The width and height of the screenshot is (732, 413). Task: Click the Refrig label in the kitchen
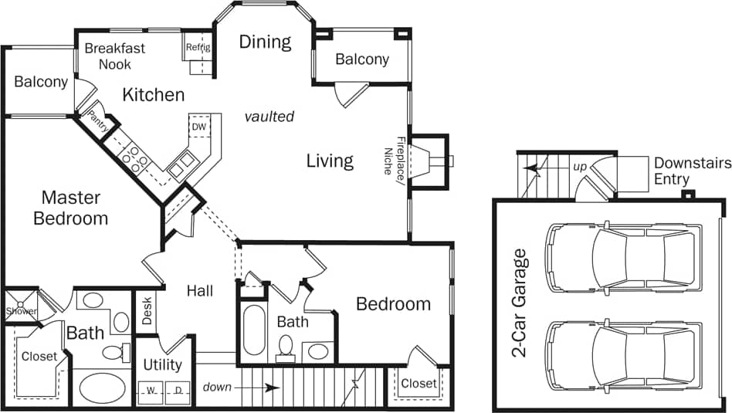[x=198, y=47]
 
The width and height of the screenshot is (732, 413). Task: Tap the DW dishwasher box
[x=198, y=127]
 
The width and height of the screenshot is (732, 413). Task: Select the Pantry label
[x=97, y=120]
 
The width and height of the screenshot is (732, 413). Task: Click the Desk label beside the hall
[x=147, y=311]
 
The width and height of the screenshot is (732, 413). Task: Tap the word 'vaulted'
[x=269, y=117]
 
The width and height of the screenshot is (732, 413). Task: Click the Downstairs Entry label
[x=682, y=171]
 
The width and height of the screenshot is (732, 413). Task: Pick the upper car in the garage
[x=622, y=259]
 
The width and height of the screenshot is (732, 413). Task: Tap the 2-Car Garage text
[x=520, y=303]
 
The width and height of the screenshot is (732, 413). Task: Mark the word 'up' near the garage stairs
[x=579, y=166]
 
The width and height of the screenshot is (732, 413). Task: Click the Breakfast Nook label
[x=114, y=56]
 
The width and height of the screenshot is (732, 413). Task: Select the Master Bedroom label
[x=70, y=208]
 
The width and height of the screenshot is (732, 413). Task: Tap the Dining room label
[x=265, y=42]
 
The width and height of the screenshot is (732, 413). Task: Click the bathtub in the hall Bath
[x=254, y=330]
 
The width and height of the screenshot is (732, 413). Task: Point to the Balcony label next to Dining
[x=361, y=59]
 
